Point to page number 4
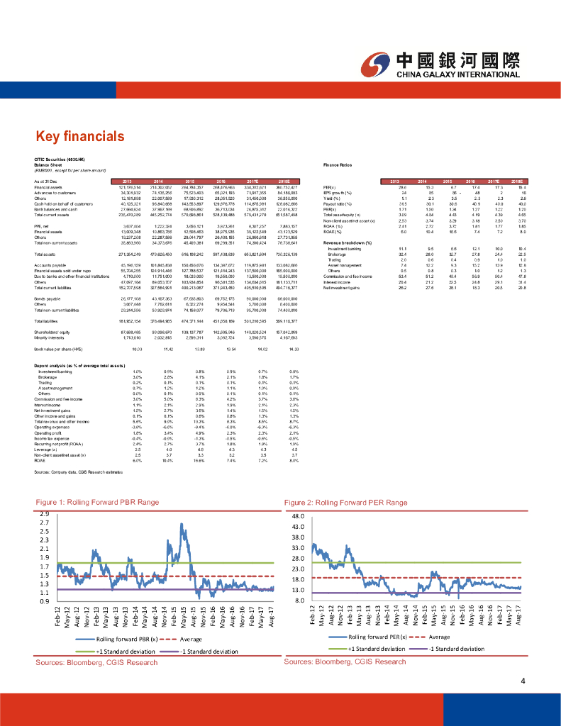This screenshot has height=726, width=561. pos(522,682)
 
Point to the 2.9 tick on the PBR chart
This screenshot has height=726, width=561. pos(45,513)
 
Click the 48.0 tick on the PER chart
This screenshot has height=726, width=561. pos(298,516)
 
